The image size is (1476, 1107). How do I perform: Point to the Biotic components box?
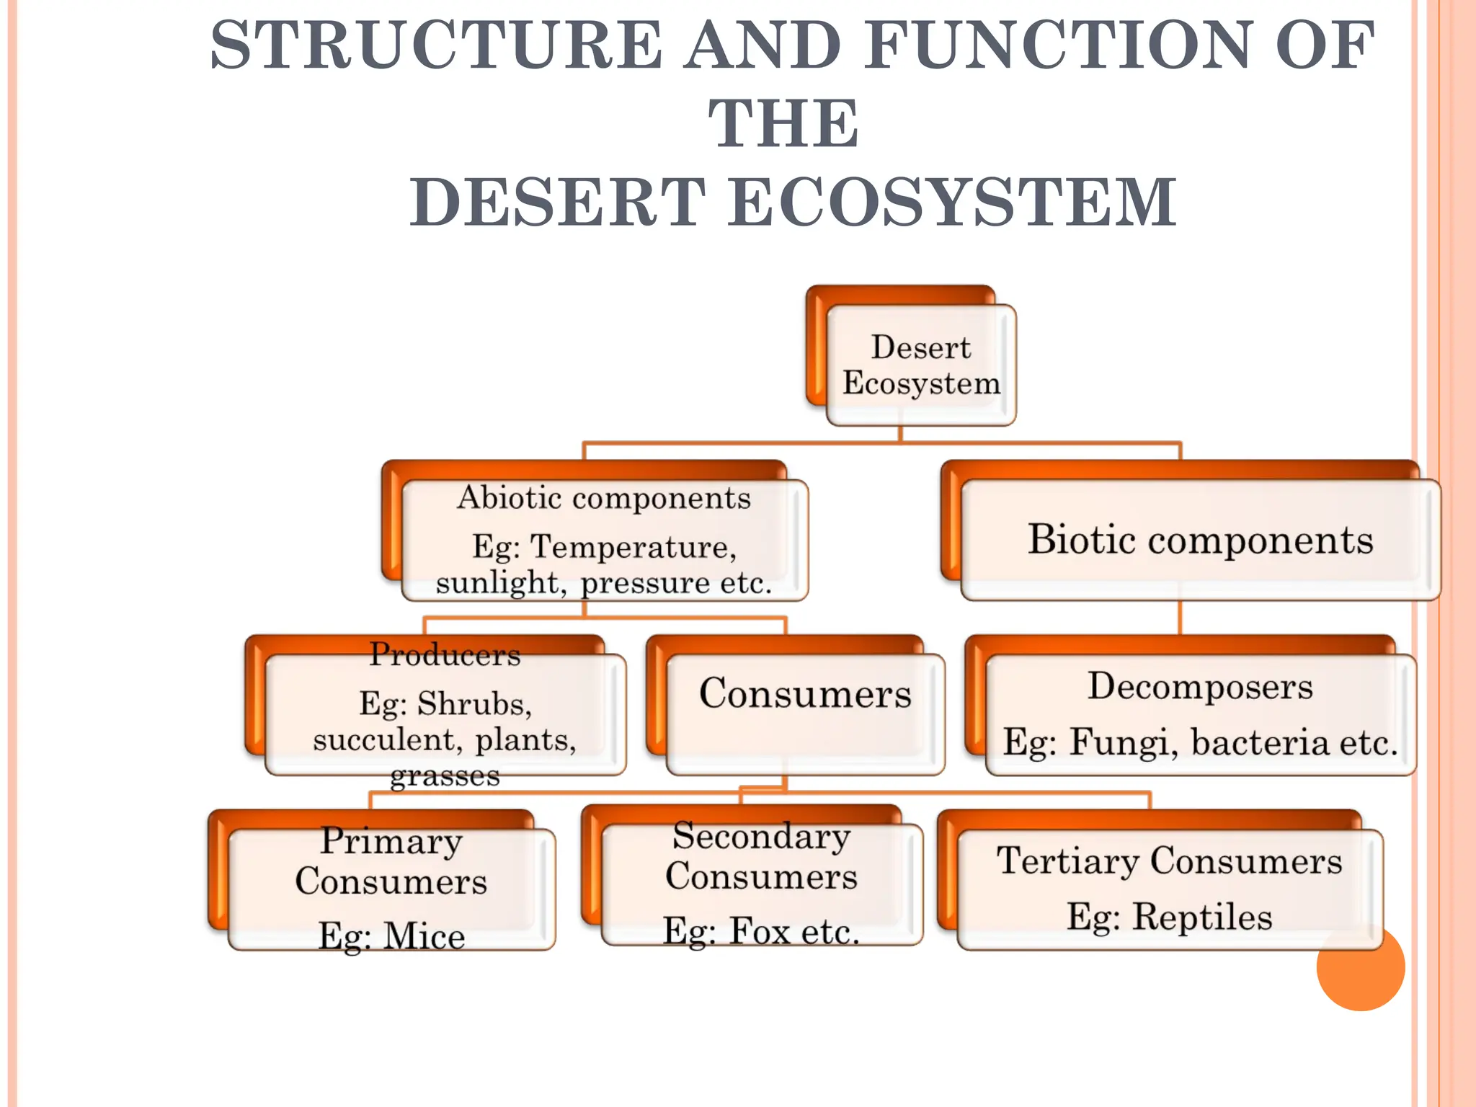[x=1200, y=539]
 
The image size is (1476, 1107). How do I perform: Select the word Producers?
[x=445, y=654]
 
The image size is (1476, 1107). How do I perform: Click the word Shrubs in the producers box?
[x=474, y=703]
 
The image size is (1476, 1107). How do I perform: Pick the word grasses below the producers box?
[x=445, y=776]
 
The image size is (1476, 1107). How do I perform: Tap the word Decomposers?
[x=1200, y=686]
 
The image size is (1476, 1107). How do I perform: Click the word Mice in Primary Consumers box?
[x=424, y=936]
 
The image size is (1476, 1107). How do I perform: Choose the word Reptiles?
[x=1202, y=917]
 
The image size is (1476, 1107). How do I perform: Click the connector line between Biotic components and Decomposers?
[x=1180, y=617]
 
